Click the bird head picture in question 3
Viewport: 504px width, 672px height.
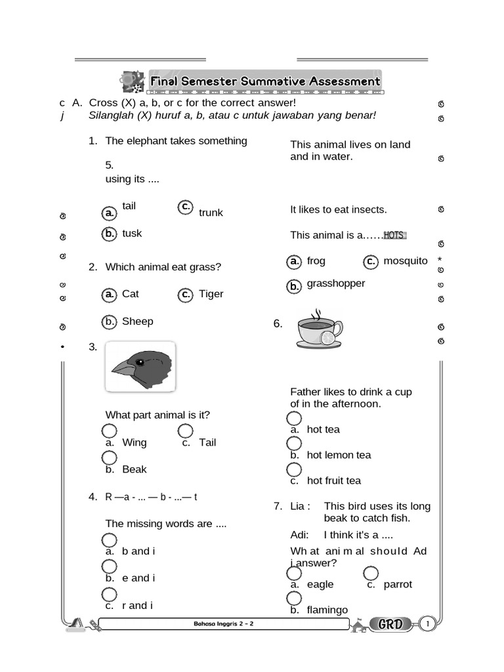tap(140, 366)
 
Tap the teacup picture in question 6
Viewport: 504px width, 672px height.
tap(319, 328)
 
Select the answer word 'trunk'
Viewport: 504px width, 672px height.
tap(211, 213)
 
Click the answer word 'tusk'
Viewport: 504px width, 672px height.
tap(132, 233)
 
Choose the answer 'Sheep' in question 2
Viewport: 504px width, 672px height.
tap(137, 321)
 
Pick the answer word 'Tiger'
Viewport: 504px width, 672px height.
tap(211, 294)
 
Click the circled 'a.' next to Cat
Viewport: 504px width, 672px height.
tap(110, 295)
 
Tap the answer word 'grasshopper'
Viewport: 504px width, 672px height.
tap(336, 283)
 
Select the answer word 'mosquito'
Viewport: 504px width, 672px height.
tap(405, 261)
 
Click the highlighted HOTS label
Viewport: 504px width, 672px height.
tap(395, 236)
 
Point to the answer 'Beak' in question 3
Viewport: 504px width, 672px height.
tap(134, 469)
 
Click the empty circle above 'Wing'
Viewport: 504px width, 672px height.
tap(110, 430)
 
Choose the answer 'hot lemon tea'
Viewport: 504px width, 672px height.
tap(339, 455)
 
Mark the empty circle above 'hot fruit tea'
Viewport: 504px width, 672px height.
tap(294, 469)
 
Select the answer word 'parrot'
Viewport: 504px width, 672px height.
tap(398, 584)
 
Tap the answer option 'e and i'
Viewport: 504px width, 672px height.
tap(138, 578)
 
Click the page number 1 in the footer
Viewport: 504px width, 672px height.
tap(427, 623)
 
